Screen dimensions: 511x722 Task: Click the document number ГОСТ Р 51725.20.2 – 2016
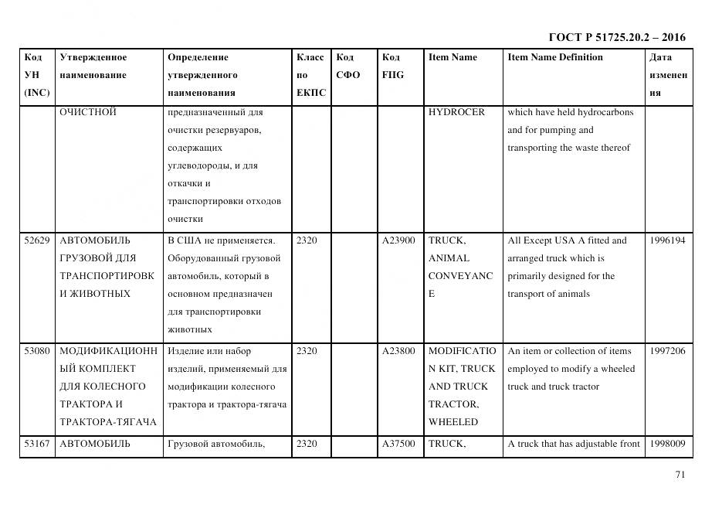[616, 37]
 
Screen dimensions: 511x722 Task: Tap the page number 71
[680, 475]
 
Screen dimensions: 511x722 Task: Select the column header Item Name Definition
[555, 57]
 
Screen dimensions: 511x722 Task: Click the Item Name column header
[453, 57]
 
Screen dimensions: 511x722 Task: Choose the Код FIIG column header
[392, 66]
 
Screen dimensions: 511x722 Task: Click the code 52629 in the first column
[37, 240]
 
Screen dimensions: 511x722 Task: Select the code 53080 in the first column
[37, 351]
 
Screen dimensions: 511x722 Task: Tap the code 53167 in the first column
[37, 444]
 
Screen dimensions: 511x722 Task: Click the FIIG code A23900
[398, 240]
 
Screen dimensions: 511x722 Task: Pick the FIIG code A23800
[398, 351]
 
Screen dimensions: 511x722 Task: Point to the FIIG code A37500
[398, 444]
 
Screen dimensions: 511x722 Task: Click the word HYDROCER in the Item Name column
[456, 112]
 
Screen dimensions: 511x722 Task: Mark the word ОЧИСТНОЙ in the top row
[88, 112]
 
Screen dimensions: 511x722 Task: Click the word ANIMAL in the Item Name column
[449, 258]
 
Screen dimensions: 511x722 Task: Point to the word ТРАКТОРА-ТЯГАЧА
[108, 422]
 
